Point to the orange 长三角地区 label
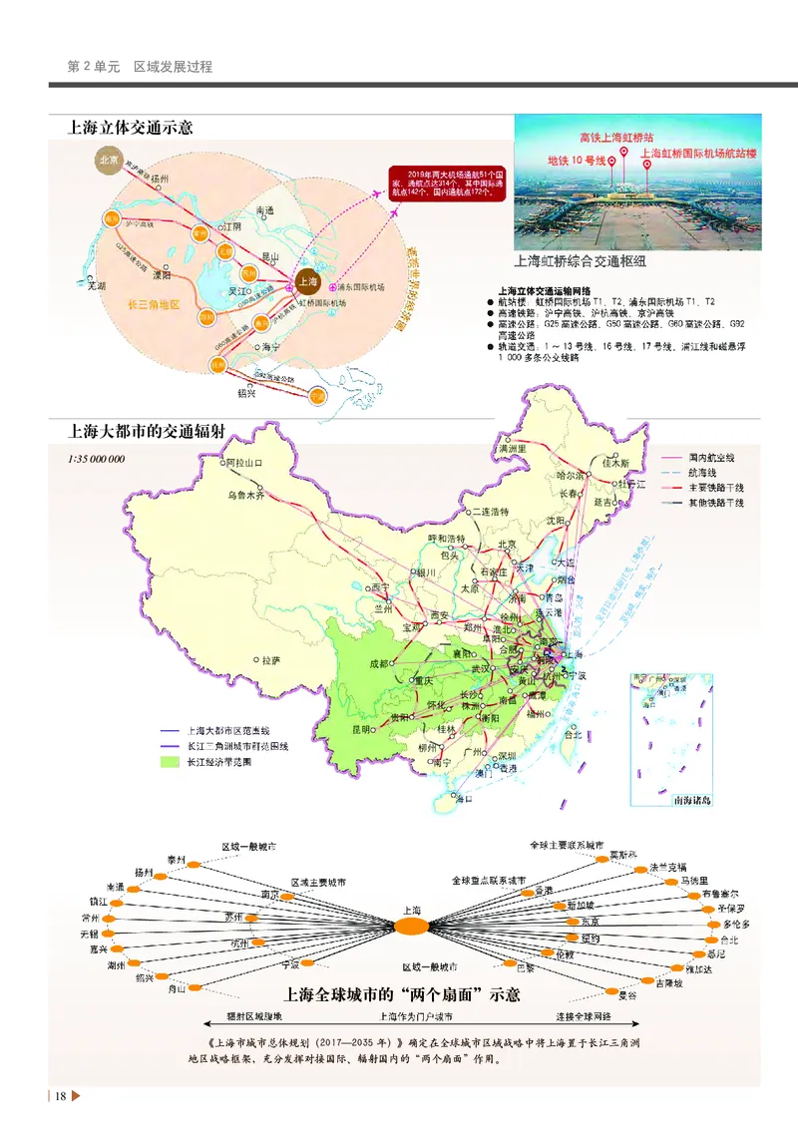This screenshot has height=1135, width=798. (154, 304)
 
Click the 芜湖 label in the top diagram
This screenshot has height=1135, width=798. (96, 285)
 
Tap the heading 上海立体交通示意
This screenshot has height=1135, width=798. (130, 128)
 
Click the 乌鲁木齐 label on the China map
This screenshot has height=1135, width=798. (247, 495)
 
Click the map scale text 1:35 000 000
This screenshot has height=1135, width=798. (97, 460)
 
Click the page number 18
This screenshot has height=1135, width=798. (61, 1097)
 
